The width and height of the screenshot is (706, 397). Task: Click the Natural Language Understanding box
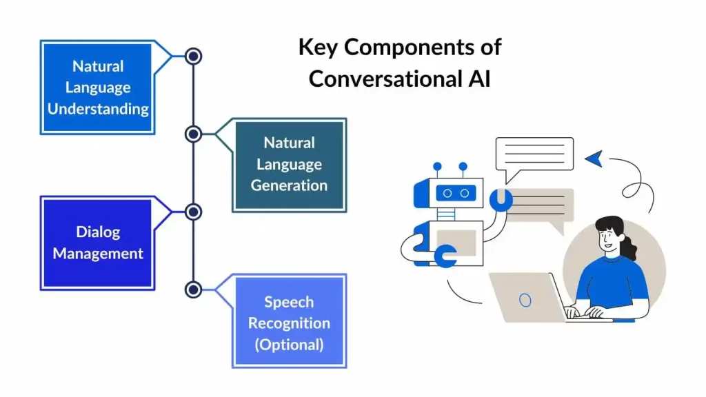(x=97, y=88)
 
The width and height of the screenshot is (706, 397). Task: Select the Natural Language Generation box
(x=289, y=165)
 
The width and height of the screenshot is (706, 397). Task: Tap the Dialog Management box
(x=97, y=243)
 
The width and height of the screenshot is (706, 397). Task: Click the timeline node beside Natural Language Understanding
(x=194, y=56)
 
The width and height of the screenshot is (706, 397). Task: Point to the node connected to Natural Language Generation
(x=194, y=134)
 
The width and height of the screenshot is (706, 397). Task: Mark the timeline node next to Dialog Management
(x=194, y=212)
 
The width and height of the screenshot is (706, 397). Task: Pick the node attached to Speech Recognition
(x=194, y=289)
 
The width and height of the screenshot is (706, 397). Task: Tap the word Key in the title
(x=319, y=47)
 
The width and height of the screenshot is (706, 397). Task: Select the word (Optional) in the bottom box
(x=289, y=344)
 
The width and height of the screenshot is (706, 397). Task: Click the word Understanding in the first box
(x=98, y=109)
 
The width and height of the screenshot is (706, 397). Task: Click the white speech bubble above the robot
(x=534, y=154)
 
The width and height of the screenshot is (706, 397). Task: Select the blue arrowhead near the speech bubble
(x=594, y=159)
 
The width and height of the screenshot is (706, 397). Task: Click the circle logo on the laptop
(x=525, y=300)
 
